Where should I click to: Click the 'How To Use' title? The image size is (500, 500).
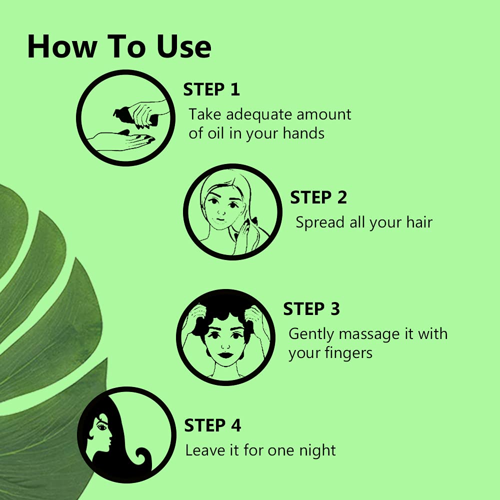click(119, 46)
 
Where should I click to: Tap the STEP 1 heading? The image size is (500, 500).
click(211, 89)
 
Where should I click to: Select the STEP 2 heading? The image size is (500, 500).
click(318, 197)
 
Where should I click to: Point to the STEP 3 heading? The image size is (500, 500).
click(311, 308)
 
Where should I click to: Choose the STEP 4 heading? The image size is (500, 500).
click(212, 425)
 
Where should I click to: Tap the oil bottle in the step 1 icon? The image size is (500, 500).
click(135, 116)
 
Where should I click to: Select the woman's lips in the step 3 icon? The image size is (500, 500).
click(225, 354)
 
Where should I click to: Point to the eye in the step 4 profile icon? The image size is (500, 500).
click(102, 426)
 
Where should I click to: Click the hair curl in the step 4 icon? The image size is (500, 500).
click(143, 458)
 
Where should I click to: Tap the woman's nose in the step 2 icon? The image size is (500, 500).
click(221, 211)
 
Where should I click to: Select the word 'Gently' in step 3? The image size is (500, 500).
click(311, 334)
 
